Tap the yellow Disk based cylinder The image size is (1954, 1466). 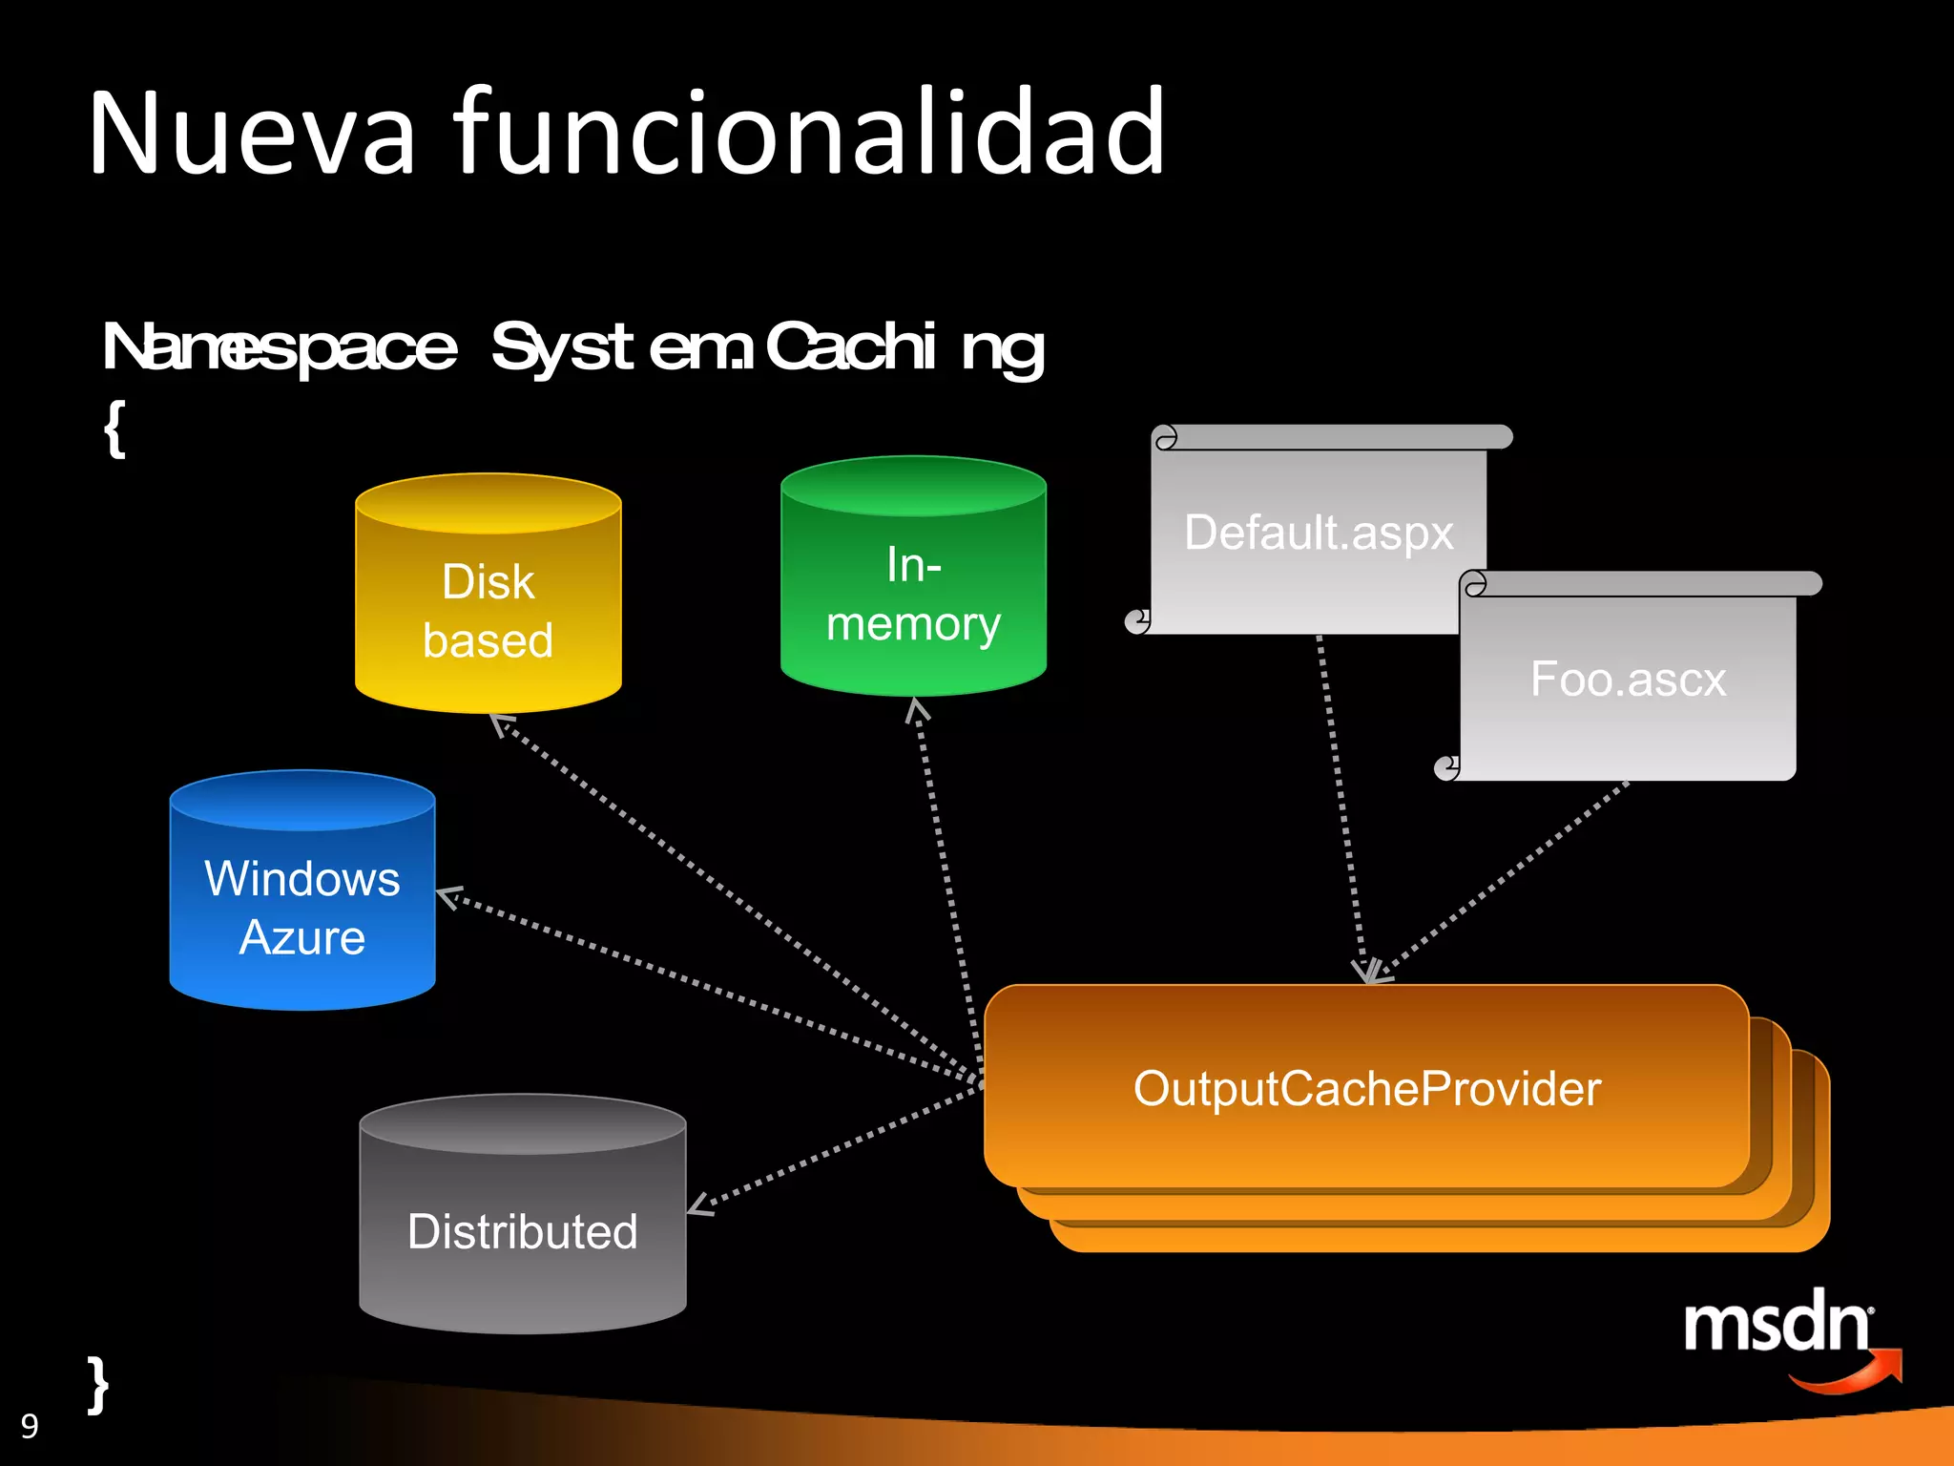tap(488, 611)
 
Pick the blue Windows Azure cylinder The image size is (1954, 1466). tap(301, 907)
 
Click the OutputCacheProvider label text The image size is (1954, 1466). tap(1366, 1089)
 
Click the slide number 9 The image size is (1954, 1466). tap(30, 1426)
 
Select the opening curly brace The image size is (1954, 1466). tap(114, 429)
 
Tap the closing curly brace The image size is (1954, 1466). tap(97, 1384)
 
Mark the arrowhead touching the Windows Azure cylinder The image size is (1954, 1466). tap(448, 896)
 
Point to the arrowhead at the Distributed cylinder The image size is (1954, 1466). tap(699, 1205)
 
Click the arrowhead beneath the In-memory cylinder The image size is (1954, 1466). tap(917, 709)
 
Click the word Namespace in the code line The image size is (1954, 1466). tap(280, 347)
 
